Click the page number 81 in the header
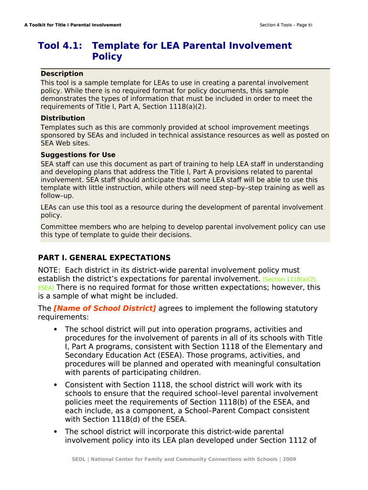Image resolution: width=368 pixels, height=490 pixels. [310, 25]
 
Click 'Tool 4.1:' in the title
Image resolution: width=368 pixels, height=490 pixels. [60, 46]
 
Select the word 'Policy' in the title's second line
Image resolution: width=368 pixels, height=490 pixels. [107, 56]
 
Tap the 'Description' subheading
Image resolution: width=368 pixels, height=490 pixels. [62, 74]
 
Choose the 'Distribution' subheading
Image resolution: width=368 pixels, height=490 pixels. [63, 118]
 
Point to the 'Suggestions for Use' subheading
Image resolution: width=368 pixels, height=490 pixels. [78, 155]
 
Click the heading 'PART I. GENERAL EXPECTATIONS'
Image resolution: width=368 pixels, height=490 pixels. [104, 258]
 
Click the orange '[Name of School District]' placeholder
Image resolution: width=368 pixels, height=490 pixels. [105, 309]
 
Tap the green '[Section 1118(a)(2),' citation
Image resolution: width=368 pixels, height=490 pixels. [290, 279]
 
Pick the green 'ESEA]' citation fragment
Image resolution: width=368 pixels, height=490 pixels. [46, 288]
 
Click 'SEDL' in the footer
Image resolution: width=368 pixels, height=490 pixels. [78, 459]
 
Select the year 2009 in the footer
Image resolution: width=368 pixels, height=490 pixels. [289, 459]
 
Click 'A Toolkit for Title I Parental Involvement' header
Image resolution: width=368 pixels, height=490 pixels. [73, 25]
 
